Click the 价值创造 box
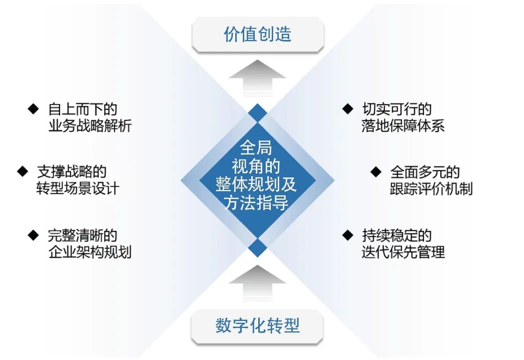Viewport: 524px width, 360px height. point(257,35)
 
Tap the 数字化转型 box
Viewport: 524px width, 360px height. point(257,326)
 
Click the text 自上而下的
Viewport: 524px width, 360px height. point(83,109)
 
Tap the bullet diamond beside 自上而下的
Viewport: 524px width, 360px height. point(33,108)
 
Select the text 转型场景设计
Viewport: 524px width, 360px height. point(78,188)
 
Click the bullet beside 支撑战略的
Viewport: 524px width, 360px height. point(22,171)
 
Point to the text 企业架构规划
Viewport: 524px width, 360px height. point(90,251)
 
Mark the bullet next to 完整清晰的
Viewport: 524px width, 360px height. point(33,234)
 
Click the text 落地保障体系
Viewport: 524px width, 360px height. point(403,125)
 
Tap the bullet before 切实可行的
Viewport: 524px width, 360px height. point(347,108)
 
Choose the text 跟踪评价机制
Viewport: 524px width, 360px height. point(431,188)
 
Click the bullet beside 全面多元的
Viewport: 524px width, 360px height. point(375,171)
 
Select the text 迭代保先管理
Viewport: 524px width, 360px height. point(403,251)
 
